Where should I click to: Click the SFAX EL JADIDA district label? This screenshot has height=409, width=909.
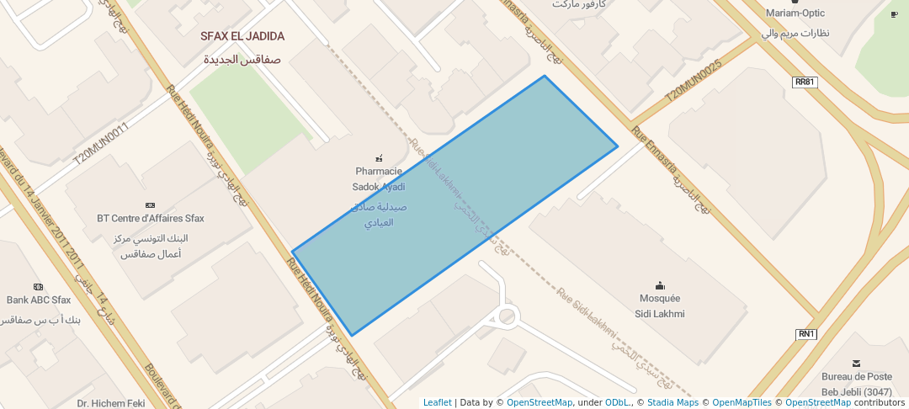(242, 37)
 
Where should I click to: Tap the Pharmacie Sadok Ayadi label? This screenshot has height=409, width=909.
(379, 178)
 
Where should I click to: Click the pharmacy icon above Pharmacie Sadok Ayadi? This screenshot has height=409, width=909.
(379, 157)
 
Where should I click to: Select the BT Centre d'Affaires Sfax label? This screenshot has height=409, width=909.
(150, 218)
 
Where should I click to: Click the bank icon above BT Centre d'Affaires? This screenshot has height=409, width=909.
(150, 204)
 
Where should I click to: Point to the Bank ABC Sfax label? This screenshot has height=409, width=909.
(39, 300)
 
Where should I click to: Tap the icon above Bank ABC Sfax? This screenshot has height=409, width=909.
(38, 286)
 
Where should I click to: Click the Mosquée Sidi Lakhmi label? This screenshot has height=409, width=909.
(660, 305)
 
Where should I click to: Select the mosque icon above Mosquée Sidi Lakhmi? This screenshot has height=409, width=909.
(660, 285)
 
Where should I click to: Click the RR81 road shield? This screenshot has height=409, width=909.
(805, 82)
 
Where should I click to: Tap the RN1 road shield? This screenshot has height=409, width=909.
(806, 334)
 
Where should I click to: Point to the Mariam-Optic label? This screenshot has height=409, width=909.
(795, 13)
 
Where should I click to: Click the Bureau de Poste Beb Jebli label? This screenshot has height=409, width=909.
(856, 383)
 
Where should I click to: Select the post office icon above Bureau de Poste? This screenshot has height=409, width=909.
(856, 364)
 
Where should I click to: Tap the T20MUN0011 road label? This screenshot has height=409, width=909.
(100, 144)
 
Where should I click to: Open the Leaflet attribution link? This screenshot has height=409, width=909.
(437, 402)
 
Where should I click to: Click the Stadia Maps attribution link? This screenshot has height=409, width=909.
(672, 402)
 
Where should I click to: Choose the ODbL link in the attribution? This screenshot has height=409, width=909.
(618, 402)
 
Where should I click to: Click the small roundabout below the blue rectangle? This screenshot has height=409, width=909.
(507, 316)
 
